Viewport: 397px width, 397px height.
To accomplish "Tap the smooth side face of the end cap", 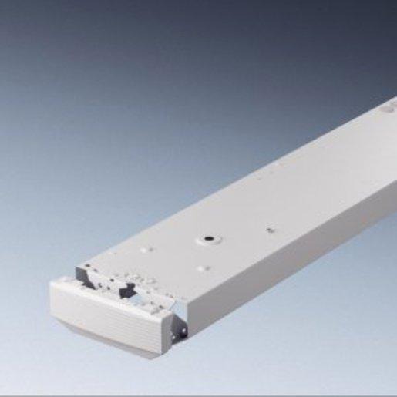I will pos(168,324).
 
